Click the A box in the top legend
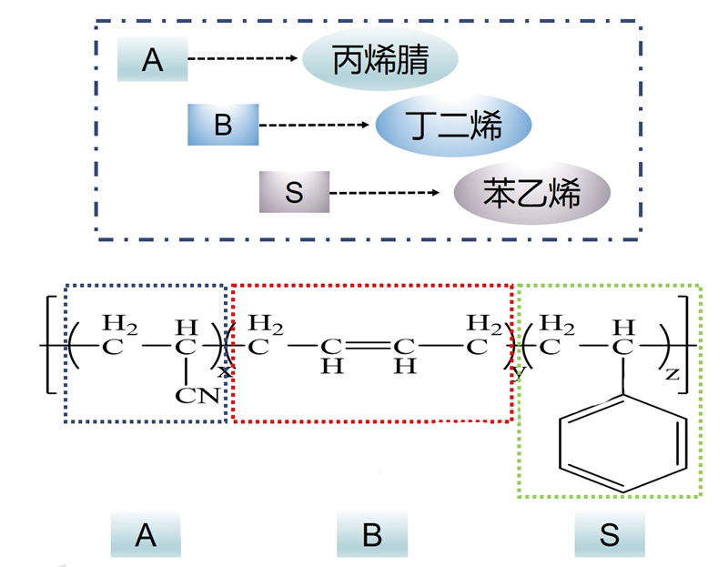(152, 60)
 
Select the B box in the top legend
(223, 125)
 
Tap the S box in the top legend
(293, 192)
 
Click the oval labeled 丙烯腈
(379, 60)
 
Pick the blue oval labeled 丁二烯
(452, 126)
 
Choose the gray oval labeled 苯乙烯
(531, 192)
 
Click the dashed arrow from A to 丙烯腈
(244, 59)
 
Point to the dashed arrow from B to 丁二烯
(316, 125)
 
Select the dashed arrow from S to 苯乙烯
(388, 193)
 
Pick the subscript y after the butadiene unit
(521, 372)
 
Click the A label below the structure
(146, 535)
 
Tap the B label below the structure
(371, 535)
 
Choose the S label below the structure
(609, 535)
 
